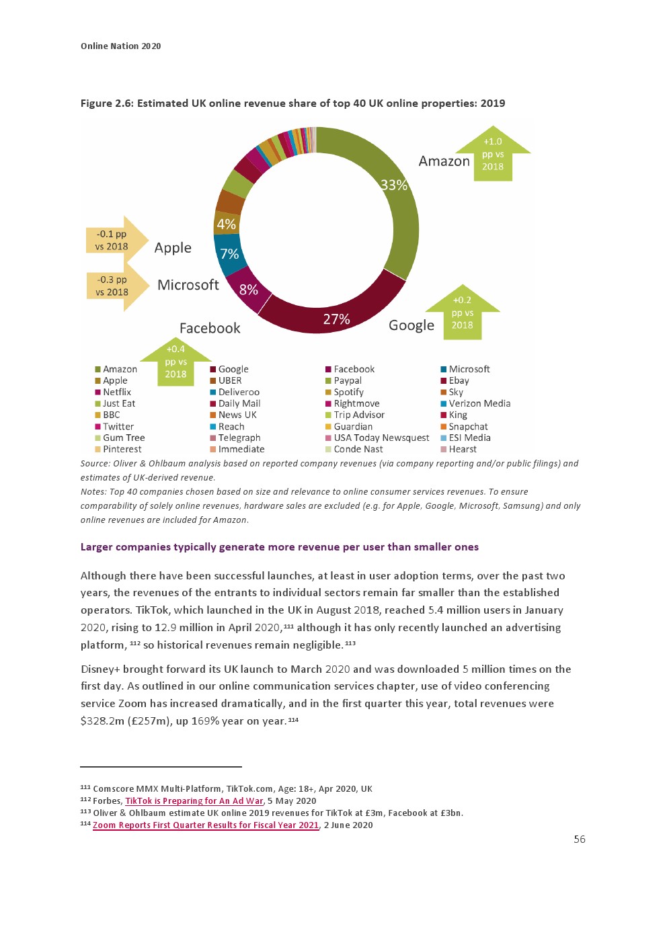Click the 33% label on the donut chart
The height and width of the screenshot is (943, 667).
394,185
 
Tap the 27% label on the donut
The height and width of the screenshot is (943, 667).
336,319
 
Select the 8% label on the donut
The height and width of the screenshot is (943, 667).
248,290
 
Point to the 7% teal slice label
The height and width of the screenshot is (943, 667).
229,254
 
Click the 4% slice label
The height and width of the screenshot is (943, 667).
226,224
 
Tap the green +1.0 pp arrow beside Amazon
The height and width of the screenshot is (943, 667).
493,155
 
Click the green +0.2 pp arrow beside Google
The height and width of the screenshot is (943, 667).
462,313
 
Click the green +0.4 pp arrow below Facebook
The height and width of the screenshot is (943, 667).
175,362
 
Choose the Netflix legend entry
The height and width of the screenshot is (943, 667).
117,392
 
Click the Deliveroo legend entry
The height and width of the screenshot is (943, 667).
239,392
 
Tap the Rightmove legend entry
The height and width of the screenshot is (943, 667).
356,403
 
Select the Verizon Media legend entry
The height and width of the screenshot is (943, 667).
479,403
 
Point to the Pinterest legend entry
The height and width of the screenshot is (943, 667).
122,449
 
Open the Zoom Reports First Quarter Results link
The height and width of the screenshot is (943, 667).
206,825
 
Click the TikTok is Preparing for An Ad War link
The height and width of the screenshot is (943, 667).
194,801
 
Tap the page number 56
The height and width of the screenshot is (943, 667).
580,839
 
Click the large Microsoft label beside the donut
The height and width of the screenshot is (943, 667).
188,285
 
